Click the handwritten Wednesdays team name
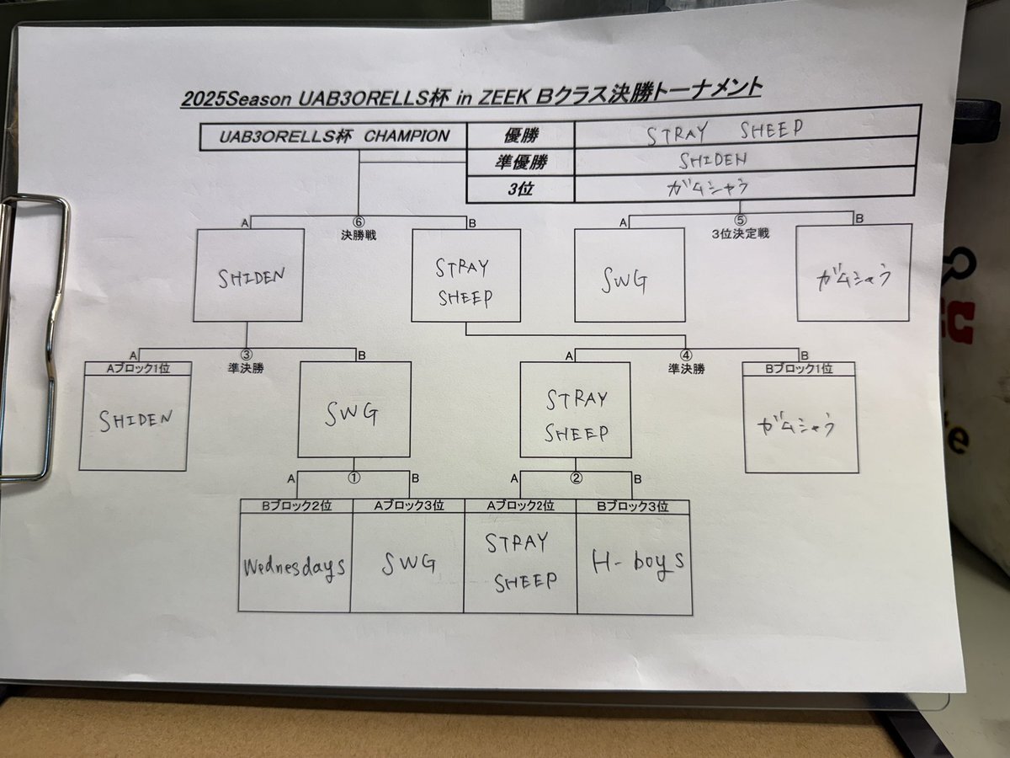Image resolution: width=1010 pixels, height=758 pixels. click(x=295, y=568)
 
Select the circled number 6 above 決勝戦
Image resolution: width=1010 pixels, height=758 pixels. click(x=359, y=222)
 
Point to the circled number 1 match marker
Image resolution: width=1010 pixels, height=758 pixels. click(x=353, y=478)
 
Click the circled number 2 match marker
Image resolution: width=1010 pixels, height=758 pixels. click(x=576, y=478)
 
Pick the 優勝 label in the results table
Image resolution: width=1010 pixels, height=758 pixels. click(x=521, y=136)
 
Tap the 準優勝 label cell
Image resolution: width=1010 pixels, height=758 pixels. click(x=521, y=162)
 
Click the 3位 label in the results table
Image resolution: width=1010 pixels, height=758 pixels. click(x=520, y=189)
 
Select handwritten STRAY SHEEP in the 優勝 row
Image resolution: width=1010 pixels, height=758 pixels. click(x=725, y=131)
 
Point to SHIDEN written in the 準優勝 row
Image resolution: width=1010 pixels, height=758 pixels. click(x=713, y=160)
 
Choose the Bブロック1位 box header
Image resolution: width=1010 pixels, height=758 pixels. click(x=799, y=369)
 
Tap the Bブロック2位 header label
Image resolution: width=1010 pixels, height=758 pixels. click(x=296, y=506)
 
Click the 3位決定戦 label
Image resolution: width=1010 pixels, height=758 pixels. click(x=740, y=234)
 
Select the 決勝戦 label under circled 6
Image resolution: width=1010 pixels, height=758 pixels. click(x=359, y=235)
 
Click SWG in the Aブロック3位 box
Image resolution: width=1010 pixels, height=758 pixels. click(x=408, y=563)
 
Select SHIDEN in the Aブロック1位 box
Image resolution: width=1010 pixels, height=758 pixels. click(x=136, y=420)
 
